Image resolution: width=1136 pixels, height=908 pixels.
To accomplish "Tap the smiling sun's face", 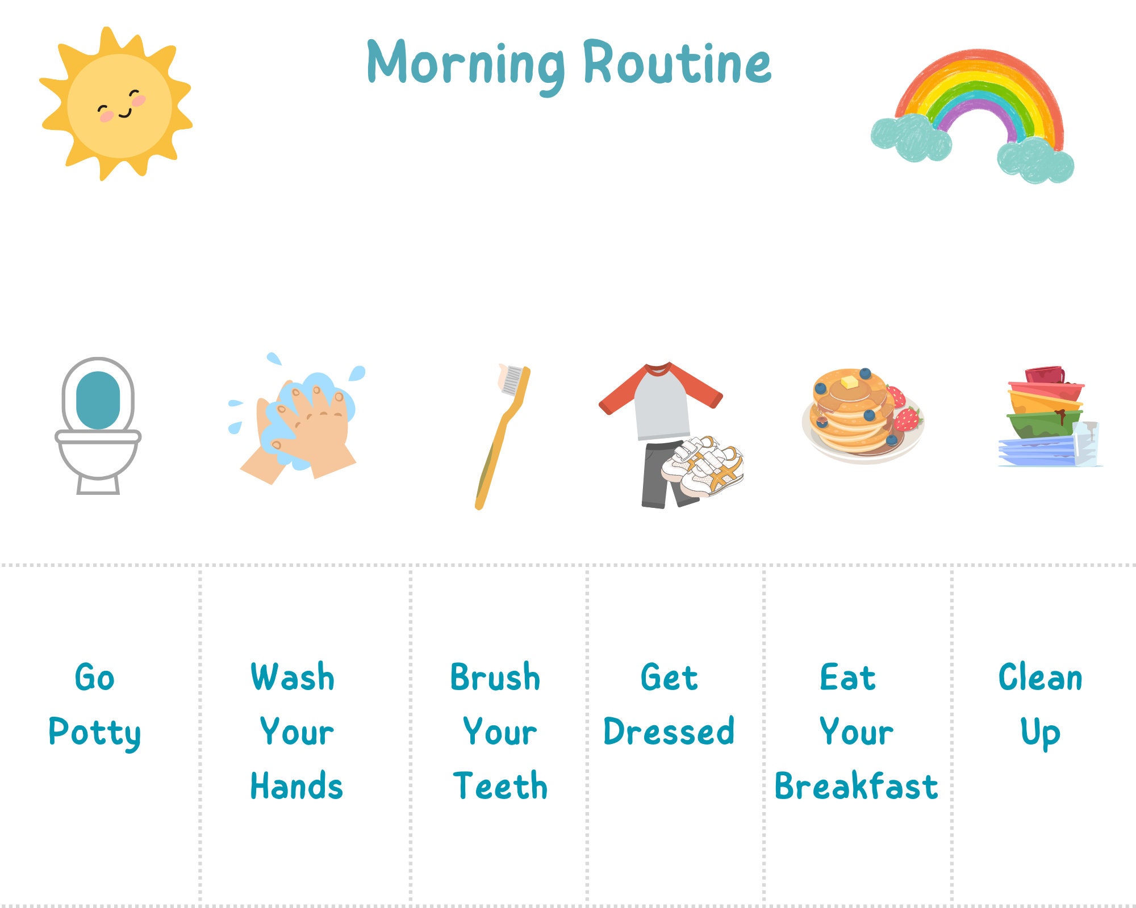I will coord(119,106).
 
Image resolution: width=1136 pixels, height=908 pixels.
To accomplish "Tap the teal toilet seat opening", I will coord(98,400).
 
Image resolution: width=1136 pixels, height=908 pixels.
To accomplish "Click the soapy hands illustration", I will coord(298,423).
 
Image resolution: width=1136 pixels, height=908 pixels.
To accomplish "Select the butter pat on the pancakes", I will coord(849,382).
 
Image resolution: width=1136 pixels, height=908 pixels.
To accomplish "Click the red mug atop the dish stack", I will coord(1044,375).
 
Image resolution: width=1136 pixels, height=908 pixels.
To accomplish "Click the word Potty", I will coord(94,732).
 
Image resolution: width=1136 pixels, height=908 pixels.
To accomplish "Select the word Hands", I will coord(296,787).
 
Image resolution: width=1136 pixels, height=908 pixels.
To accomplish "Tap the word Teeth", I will coord(500,787).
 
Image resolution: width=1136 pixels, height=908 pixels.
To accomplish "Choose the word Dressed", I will coord(669,732).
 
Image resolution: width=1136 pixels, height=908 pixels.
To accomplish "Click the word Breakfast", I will coord(856,787).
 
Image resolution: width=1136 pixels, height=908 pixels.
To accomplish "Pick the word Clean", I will coord(1040,678).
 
